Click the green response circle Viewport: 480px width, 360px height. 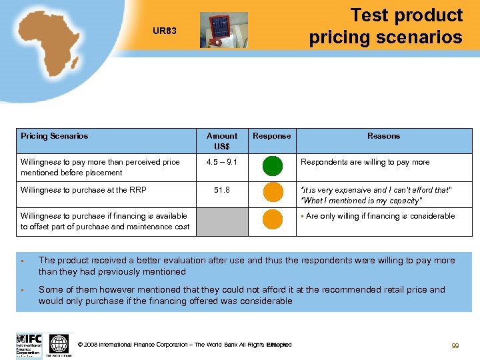(x=272, y=165)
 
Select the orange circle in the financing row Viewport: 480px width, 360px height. (x=272, y=219)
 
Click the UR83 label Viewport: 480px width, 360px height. (x=164, y=31)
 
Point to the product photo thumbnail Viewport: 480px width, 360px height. (x=223, y=30)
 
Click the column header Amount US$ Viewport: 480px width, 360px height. (x=222, y=141)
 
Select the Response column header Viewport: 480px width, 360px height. (x=271, y=136)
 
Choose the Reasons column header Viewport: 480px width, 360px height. (x=383, y=136)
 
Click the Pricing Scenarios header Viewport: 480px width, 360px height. (x=55, y=136)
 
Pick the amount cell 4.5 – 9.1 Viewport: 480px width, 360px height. (x=222, y=162)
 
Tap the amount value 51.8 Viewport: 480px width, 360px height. (x=222, y=190)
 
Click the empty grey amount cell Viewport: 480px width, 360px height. (x=222, y=222)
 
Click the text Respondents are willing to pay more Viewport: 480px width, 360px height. (x=365, y=162)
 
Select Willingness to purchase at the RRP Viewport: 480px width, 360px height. (x=83, y=190)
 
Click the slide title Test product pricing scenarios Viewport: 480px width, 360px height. (x=386, y=26)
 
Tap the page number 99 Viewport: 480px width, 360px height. (x=455, y=346)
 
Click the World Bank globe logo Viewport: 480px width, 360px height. (x=59, y=344)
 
